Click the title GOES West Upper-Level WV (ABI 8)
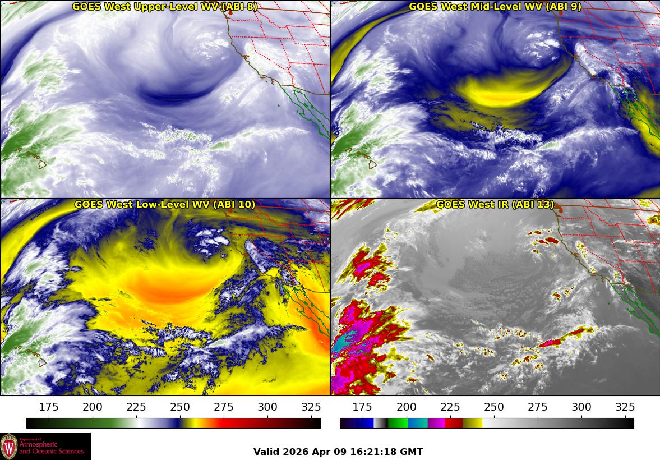tap(165, 7)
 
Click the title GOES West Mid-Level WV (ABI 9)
tap(495, 7)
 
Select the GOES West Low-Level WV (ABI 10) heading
tap(165, 205)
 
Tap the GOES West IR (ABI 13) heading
tap(495, 205)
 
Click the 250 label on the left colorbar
tap(180, 407)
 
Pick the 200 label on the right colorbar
tap(406, 407)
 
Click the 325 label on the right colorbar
tap(625, 407)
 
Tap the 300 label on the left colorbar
tap(267, 407)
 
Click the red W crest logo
tap(9, 446)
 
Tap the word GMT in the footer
tap(412, 452)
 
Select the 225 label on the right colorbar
tap(450, 407)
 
